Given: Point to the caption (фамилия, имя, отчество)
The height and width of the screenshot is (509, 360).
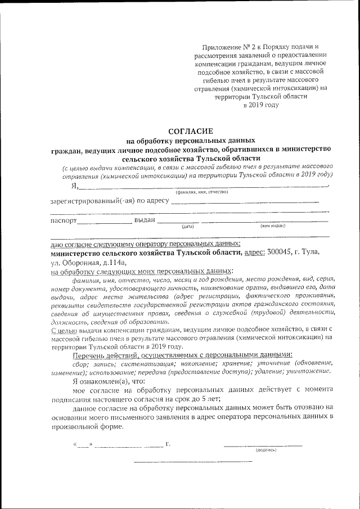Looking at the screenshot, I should click(x=201, y=192).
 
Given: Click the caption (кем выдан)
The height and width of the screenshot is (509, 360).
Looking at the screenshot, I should click(x=273, y=226).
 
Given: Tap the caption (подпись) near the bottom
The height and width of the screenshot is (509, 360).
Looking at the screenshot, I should click(x=265, y=450).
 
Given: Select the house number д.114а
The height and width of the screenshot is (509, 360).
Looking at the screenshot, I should click(x=114, y=262).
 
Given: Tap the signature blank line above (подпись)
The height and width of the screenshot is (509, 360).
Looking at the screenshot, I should click(x=263, y=445).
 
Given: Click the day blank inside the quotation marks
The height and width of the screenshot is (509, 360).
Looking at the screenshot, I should click(x=83, y=445).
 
